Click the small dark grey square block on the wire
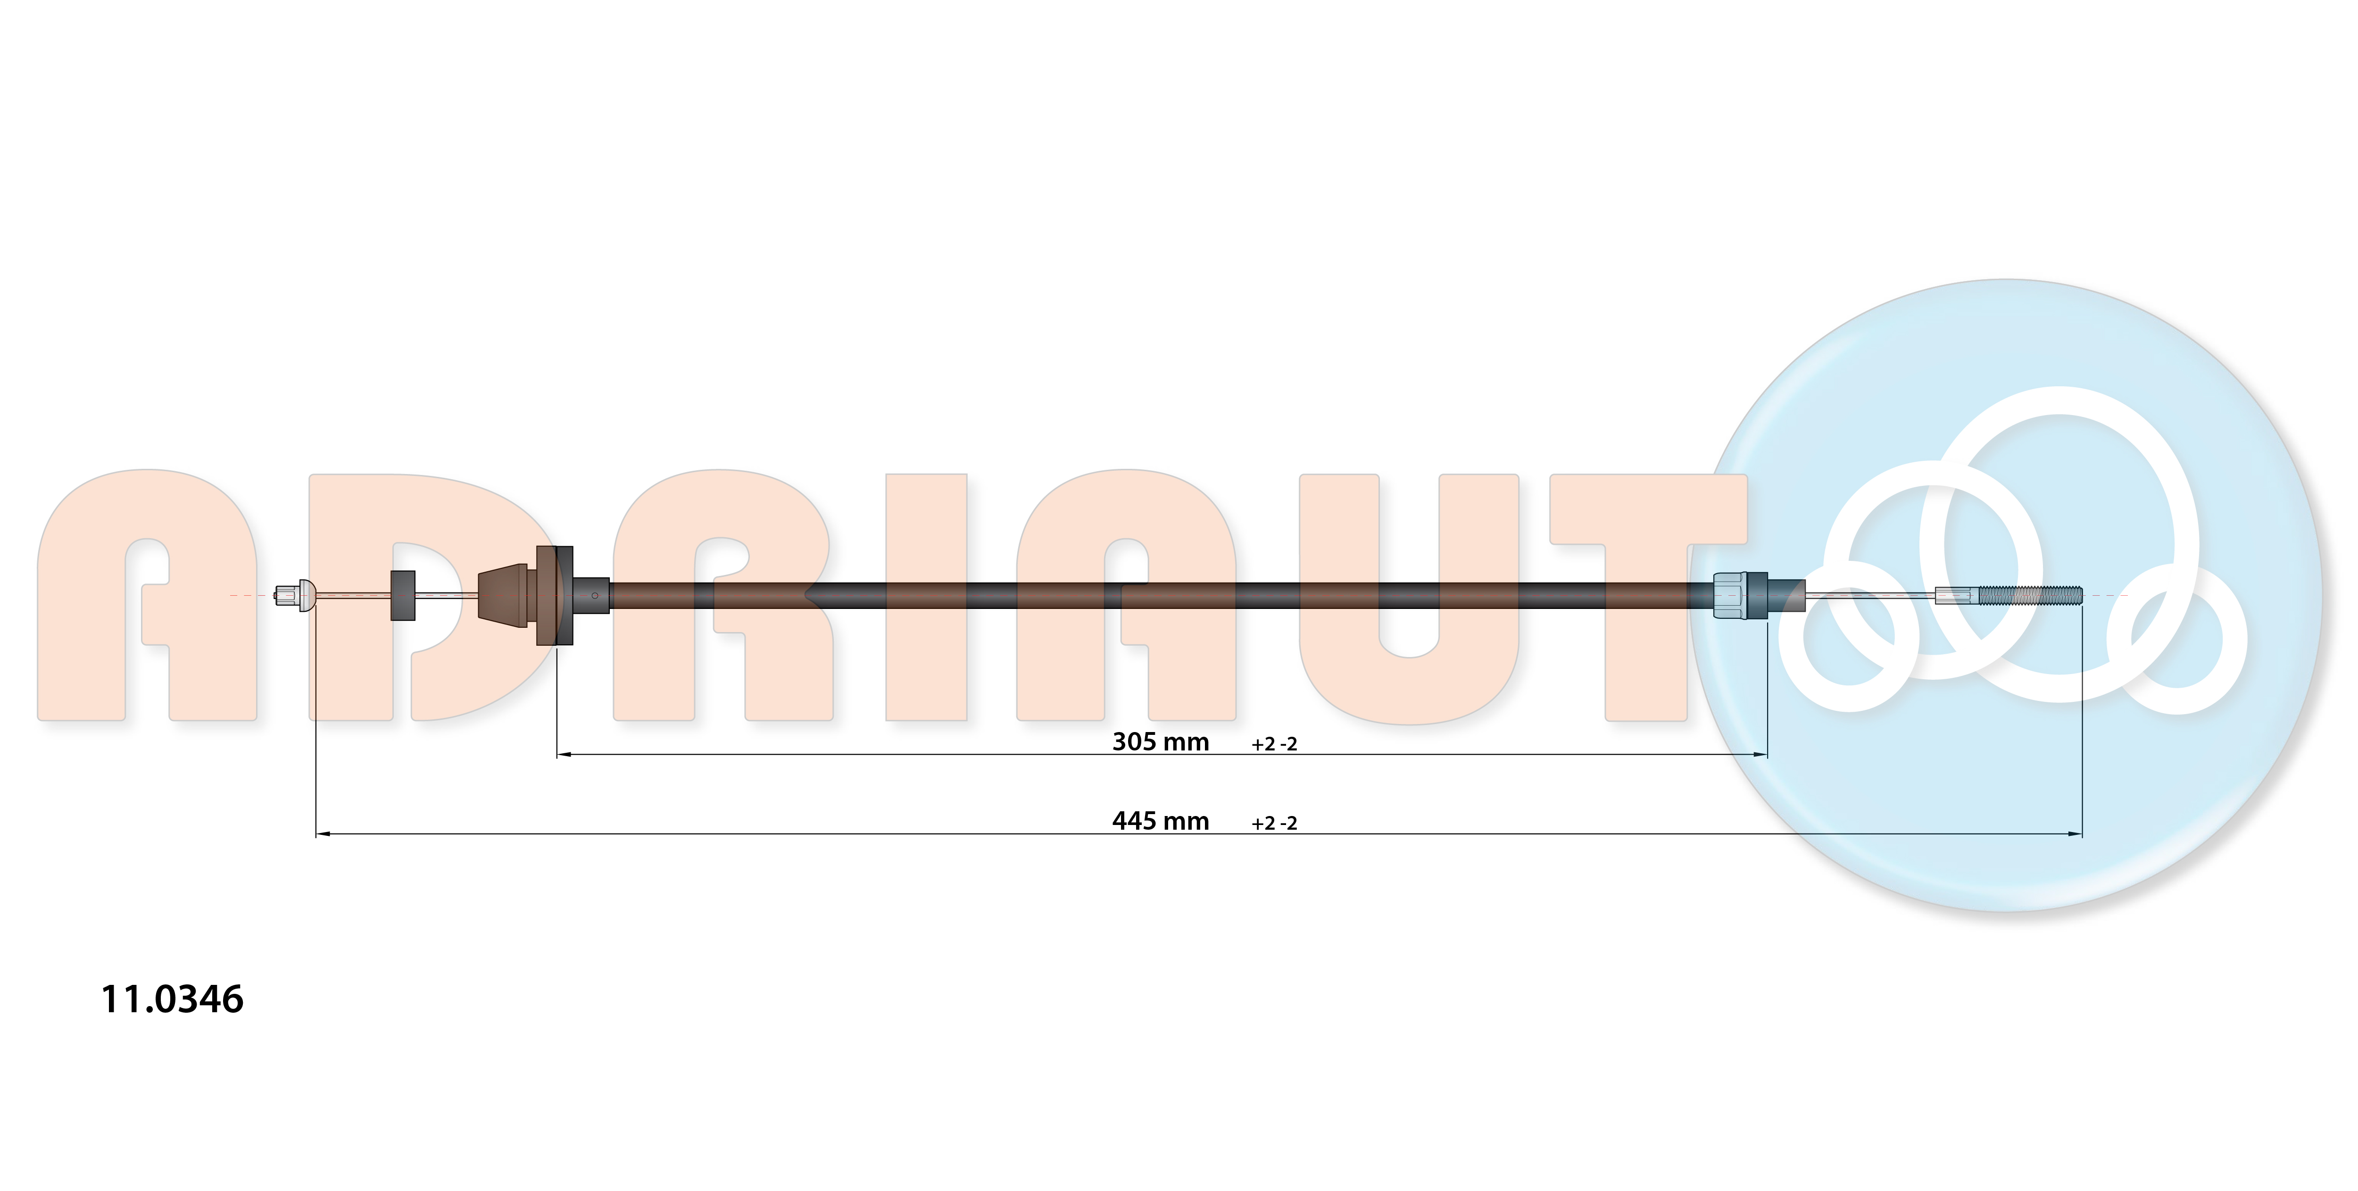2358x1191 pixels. pyautogui.click(x=403, y=595)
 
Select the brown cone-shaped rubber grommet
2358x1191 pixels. pyautogui.click(x=503, y=595)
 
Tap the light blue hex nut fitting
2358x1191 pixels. pyautogui.click(x=1729, y=596)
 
